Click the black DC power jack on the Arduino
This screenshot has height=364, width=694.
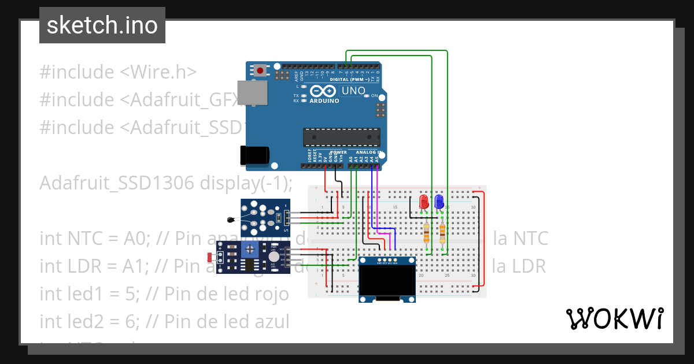click(254, 155)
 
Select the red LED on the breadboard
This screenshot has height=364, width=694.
click(424, 202)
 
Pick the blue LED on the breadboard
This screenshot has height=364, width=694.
click(439, 202)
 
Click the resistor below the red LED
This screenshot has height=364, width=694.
click(427, 233)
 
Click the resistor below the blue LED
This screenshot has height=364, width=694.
click(442, 233)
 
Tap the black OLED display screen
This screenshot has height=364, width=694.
click(387, 280)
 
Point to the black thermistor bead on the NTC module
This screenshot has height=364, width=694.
click(231, 219)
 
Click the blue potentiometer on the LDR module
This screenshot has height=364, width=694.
click(250, 250)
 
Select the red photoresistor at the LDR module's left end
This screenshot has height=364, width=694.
click(209, 256)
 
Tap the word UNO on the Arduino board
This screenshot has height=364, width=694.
click(353, 91)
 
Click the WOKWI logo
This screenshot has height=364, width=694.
click(614, 319)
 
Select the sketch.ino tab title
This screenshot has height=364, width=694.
click(102, 25)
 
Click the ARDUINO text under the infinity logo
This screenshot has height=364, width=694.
click(324, 101)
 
